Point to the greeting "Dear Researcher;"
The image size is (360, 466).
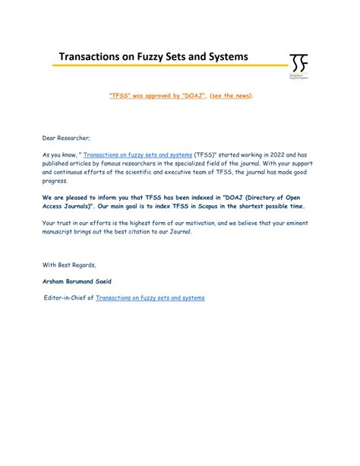66,138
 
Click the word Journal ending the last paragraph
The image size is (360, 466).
178,232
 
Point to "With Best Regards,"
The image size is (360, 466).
69,264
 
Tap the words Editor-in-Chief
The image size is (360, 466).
68,298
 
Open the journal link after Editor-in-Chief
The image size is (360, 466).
150,298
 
